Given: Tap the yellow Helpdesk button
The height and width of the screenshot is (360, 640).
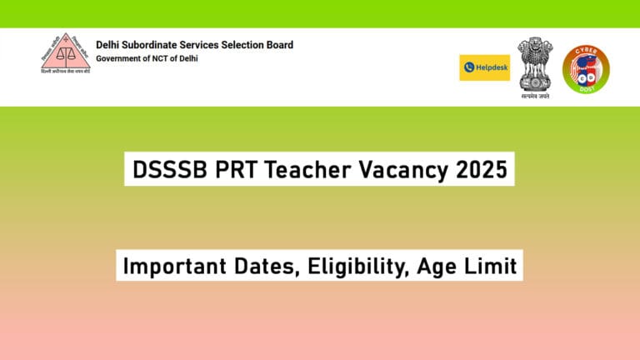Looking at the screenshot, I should (x=484, y=67).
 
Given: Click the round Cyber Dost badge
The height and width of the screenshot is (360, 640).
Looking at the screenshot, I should (x=586, y=69).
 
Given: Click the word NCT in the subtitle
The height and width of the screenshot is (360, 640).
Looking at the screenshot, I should (x=166, y=58).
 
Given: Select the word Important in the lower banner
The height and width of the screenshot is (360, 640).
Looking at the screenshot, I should (x=171, y=267).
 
